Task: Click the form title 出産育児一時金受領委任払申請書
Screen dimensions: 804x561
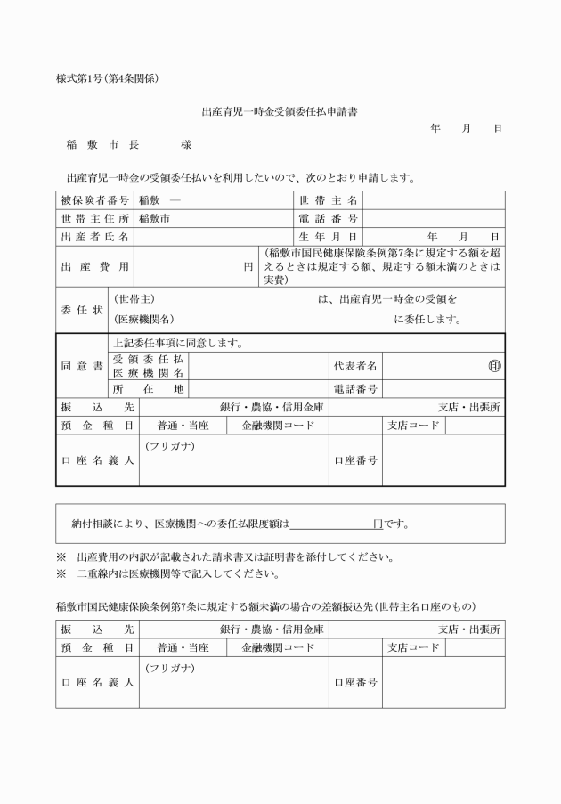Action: tap(280, 112)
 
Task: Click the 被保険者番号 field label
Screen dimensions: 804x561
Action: tap(95, 200)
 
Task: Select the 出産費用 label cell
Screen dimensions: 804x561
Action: tap(95, 266)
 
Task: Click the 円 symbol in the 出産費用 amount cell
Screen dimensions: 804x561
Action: tap(249, 266)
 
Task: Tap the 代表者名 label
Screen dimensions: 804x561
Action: tap(355, 366)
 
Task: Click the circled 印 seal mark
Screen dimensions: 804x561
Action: tap(494, 366)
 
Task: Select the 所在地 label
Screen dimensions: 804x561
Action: tap(148, 389)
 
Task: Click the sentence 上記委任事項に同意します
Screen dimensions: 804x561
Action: tap(178, 343)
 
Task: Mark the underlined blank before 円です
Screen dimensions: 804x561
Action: tap(332, 524)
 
